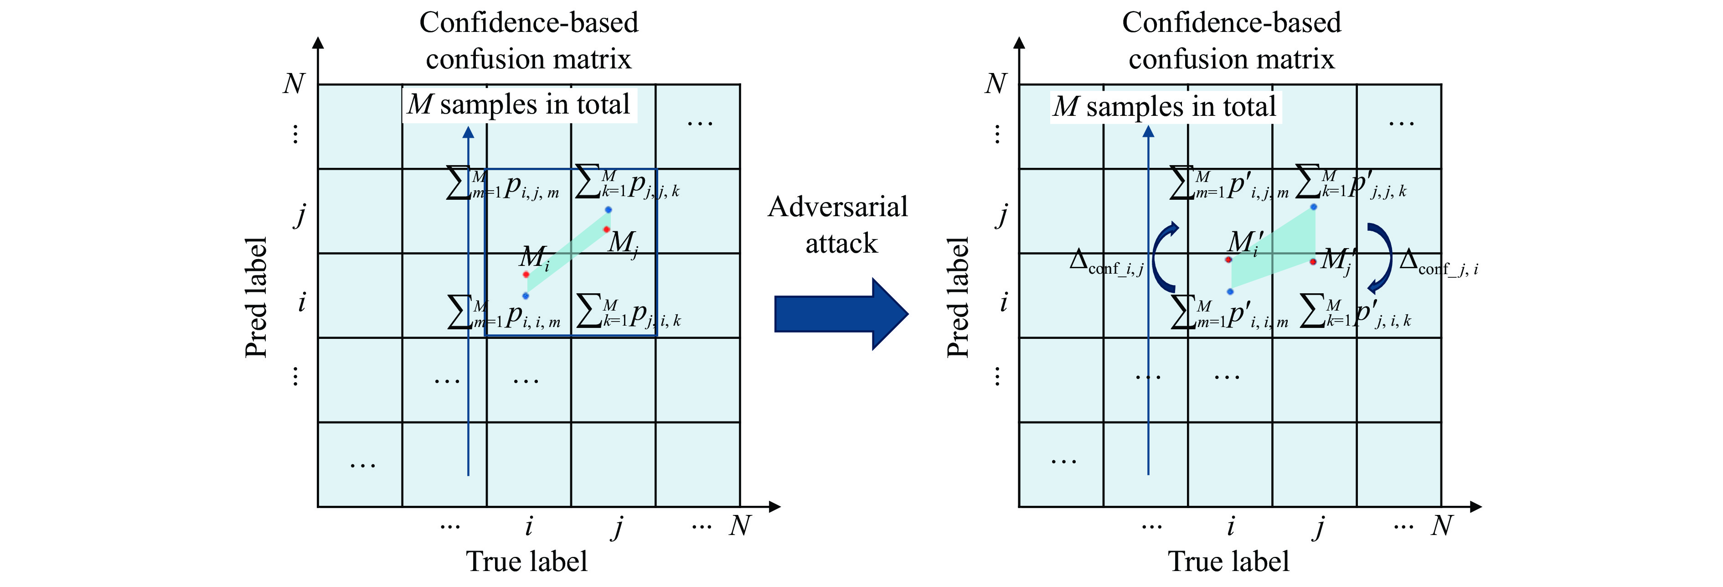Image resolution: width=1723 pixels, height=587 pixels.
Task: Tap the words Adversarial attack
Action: tap(839, 225)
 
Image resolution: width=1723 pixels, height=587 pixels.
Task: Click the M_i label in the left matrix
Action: tap(534, 257)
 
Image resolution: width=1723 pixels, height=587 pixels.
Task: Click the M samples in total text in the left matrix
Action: tap(519, 105)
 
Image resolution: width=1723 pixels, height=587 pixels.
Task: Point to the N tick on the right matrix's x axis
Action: tap(1441, 526)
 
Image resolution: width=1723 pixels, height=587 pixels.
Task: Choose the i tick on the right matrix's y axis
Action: tap(1003, 302)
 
